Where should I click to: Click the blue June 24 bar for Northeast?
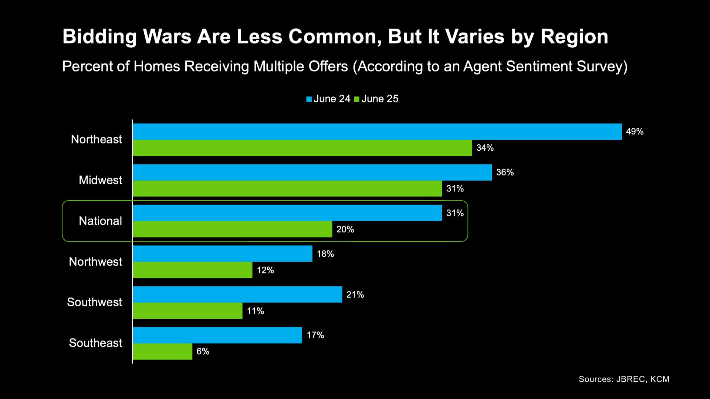point(377,132)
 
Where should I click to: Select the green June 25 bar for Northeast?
point(302,148)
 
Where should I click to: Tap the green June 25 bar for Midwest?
point(287,188)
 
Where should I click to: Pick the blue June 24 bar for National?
point(287,213)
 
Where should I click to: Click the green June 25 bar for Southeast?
point(163,351)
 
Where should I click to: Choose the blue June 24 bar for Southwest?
point(237,294)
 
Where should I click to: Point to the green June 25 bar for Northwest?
point(193,270)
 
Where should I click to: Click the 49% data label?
point(635,132)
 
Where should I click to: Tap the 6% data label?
point(203,351)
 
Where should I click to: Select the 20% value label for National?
point(345,229)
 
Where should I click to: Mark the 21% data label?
point(355,294)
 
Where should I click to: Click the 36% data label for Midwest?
point(505,172)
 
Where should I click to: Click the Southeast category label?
point(95,343)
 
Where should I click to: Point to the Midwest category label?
point(100,180)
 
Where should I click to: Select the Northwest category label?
point(95,262)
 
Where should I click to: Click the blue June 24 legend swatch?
point(309,99)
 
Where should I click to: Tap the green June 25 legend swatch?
point(357,99)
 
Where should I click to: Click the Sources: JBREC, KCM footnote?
point(624,379)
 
